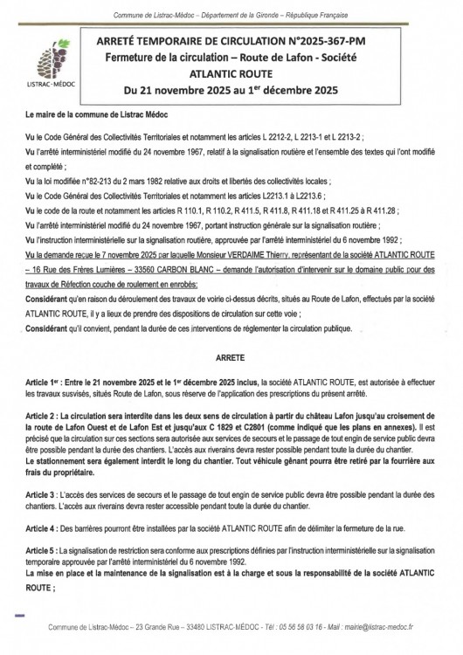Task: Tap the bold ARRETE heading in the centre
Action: (231, 358)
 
